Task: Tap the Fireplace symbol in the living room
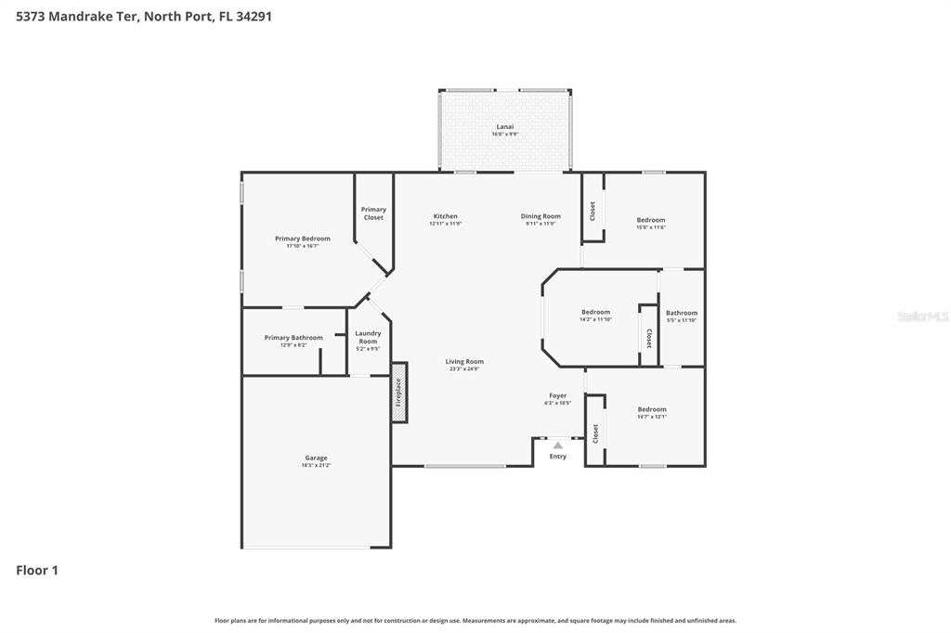pos(399,392)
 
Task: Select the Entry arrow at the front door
pos(557,446)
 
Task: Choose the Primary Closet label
pos(373,213)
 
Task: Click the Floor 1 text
pos(37,571)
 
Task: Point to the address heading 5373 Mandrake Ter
pos(144,16)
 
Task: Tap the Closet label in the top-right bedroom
pos(593,212)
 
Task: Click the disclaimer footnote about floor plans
pos(475,620)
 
